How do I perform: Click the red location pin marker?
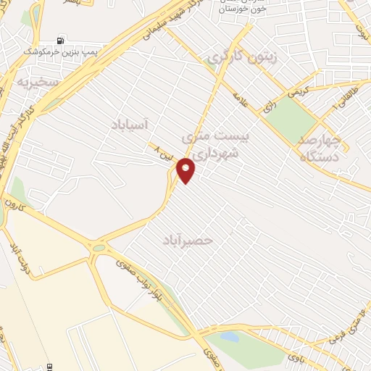tap(187, 170)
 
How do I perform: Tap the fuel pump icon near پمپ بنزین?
tap(60, 41)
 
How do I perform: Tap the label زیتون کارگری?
tap(232, 57)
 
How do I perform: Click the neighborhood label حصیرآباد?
tap(188, 238)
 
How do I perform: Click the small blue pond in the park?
tap(230, 336)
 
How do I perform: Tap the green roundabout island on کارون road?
tap(98, 249)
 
